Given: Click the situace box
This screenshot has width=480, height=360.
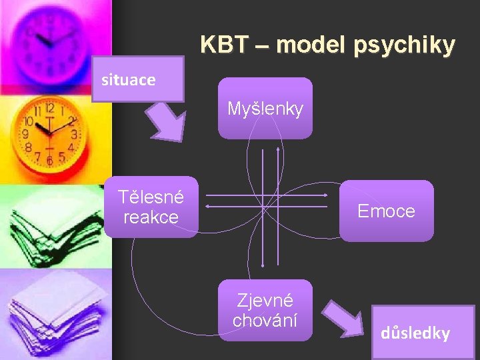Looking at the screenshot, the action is click(x=137, y=79).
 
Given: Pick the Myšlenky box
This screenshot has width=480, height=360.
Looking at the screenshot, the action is click(x=265, y=108).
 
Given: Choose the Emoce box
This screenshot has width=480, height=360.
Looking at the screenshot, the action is click(x=386, y=211).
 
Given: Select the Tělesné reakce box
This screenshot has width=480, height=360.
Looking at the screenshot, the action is click(x=151, y=207).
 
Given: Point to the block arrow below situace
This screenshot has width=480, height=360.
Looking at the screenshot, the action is click(x=165, y=122).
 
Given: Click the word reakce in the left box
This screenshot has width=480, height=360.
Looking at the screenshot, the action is click(x=151, y=217).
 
